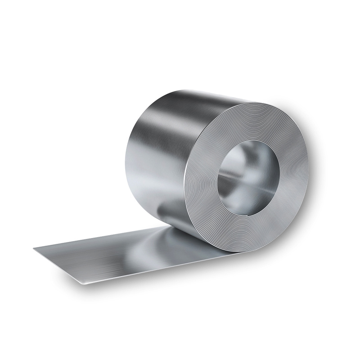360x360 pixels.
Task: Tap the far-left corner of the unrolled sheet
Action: tap(34, 248)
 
